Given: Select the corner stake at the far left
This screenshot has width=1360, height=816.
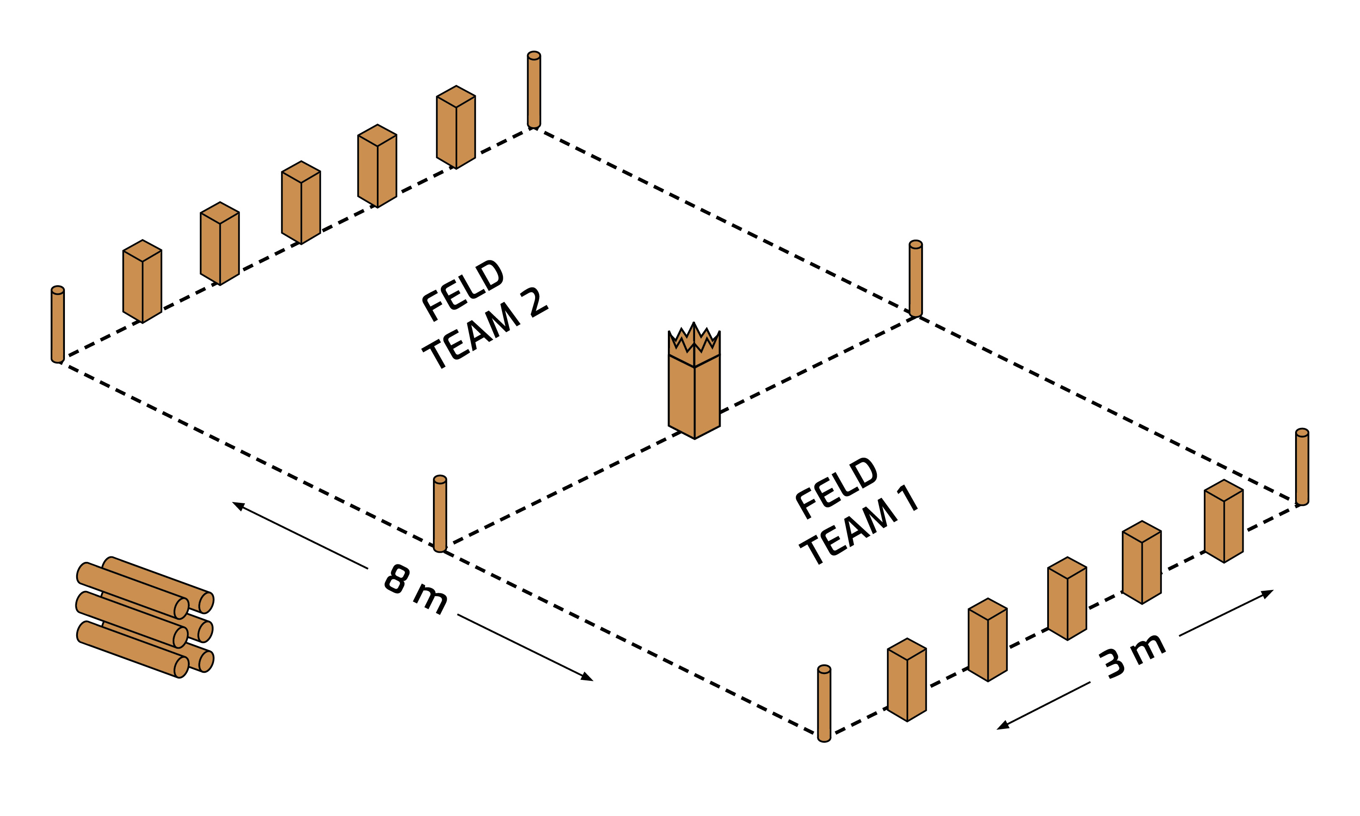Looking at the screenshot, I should pyautogui.click(x=58, y=324).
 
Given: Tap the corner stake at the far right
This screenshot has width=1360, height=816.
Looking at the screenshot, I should pyautogui.click(x=1302, y=467).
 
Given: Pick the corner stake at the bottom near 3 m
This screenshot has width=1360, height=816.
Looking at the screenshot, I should pyautogui.click(x=824, y=704).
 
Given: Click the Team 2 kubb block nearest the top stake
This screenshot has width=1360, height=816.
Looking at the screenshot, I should pyautogui.click(x=456, y=128).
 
